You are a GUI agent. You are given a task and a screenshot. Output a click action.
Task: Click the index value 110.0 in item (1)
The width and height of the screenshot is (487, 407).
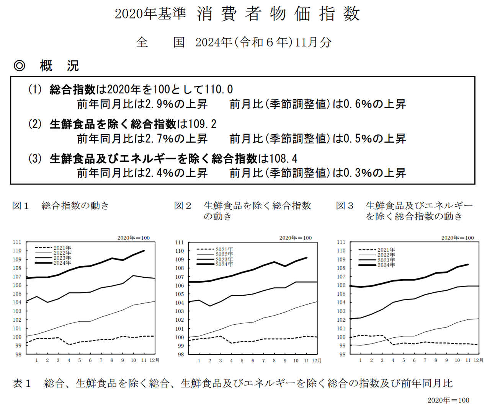click(219, 90)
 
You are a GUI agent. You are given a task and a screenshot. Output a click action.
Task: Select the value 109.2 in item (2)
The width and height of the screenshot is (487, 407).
click(203, 124)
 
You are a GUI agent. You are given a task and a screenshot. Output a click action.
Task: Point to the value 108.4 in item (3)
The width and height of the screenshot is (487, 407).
click(283, 158)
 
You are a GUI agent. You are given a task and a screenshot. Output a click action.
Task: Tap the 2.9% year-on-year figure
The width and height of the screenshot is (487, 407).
click(158, 104)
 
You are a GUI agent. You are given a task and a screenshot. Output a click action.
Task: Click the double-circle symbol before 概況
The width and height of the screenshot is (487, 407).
click(19, 66)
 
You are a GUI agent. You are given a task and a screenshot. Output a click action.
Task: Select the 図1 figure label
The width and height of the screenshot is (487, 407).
click(21, 206)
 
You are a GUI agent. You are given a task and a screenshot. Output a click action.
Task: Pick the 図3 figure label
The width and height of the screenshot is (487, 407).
click(345, 206)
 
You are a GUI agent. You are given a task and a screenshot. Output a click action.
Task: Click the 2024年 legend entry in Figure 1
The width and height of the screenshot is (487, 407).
click(62, 263)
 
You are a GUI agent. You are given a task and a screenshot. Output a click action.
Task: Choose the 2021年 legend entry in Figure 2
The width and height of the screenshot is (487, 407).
click(224, 249)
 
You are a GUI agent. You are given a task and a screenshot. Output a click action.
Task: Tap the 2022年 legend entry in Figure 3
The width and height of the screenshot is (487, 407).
click(386, 255)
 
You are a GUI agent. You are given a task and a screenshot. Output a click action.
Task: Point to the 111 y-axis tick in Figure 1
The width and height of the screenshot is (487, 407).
click(17, 242)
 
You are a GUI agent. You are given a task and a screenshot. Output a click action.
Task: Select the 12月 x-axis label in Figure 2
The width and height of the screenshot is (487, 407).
click(317, 361)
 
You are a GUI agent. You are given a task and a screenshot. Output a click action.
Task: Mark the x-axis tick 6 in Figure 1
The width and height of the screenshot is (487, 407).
click(90, 360)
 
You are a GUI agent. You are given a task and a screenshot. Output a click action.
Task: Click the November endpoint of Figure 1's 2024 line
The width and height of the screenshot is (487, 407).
click(144, 251)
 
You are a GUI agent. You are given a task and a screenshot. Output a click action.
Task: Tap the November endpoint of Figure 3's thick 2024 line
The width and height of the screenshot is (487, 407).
click(468, 264)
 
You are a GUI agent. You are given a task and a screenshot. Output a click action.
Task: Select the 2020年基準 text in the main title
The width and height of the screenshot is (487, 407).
click(150, 14)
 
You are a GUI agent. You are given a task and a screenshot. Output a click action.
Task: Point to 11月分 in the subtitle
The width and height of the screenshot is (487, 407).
click(313, 42)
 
